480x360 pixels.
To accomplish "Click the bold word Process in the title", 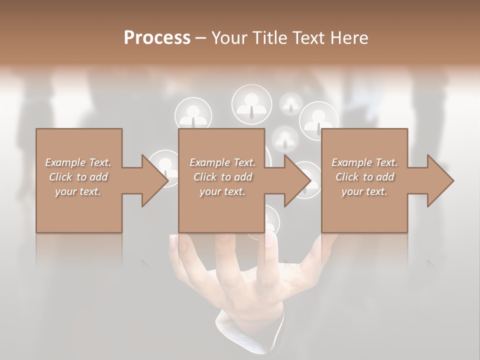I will (157, 38).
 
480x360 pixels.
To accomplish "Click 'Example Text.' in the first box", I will (78, 162).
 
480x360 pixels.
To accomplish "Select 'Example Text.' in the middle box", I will (222, 162).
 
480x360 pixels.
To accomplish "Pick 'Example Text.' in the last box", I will (364, 162).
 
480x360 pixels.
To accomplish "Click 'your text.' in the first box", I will (78, 191).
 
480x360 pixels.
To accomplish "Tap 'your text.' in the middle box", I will (222, 191).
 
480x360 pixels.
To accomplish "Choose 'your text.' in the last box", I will (364, 191).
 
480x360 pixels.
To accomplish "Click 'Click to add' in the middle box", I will (222, 177).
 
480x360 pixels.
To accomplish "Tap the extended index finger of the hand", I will (270, 250).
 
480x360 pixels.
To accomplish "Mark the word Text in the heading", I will (309, 38).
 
